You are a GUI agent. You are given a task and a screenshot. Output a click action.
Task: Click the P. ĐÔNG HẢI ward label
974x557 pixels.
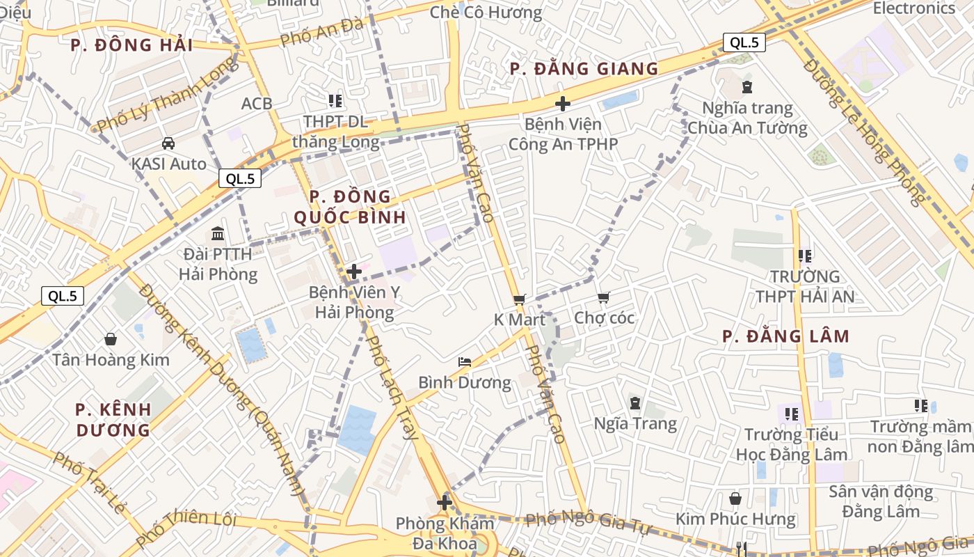pos(131,45)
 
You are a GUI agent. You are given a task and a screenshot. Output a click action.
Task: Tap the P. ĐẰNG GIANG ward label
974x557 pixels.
pos(584,68)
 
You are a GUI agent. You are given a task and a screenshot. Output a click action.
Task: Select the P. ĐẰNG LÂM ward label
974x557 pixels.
pos(785,336)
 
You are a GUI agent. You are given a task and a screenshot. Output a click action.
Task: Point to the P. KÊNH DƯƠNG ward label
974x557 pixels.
pos(113,419)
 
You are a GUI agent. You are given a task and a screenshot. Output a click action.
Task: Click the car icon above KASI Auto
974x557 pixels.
pos(168,143)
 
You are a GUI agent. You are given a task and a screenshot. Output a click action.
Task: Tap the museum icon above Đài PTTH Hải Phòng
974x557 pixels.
pos(218,233)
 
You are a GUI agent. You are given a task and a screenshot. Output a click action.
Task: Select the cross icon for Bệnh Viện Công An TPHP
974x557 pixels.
pos(563,104)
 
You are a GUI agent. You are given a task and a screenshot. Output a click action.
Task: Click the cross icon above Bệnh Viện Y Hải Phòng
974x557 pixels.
pos(354,272)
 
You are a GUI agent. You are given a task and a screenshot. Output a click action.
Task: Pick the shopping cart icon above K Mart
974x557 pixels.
pos(519,299)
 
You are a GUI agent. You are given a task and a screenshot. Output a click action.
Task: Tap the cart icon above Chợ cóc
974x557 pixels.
pos(603,298)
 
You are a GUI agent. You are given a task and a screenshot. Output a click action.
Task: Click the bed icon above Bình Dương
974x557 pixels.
pos(465,362)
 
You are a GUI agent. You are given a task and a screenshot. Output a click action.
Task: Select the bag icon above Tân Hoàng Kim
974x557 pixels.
pos(111,339)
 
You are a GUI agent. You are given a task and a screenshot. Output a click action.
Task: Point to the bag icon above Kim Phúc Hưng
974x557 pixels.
pos(735,499)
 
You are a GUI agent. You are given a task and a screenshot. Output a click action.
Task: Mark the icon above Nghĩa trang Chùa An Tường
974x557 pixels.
pos(747,87)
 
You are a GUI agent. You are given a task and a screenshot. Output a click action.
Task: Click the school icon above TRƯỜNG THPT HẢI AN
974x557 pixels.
pos(805,256)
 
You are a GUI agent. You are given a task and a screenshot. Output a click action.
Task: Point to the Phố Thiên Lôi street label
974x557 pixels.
pos(186,528)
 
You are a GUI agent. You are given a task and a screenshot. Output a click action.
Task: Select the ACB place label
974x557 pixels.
pos(257,104)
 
